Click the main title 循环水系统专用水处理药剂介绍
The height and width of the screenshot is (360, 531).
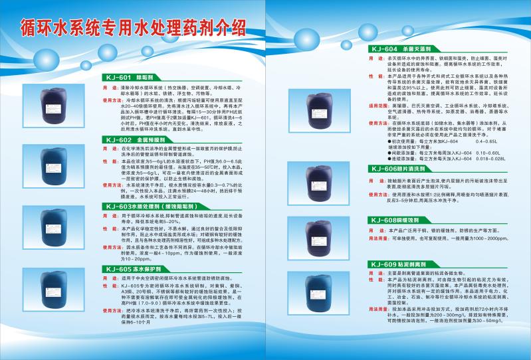pos(134,28)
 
